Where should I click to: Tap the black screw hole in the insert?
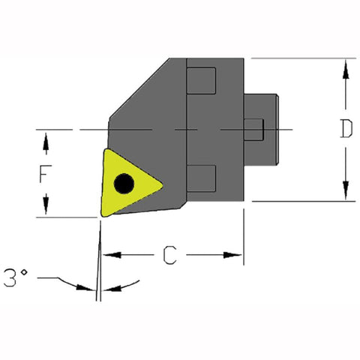click(123, 182)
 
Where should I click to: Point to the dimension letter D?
click(344, 129)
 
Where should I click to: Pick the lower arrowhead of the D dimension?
click(345, 194)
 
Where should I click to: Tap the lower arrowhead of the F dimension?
click(46, 210)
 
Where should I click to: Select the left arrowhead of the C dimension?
click(108, 256)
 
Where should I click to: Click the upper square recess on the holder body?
click(202, 79)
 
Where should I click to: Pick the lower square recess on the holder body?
click(202, 178)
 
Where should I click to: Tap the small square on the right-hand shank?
click(256, 129)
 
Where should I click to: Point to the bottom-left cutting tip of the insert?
click(101, 217)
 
